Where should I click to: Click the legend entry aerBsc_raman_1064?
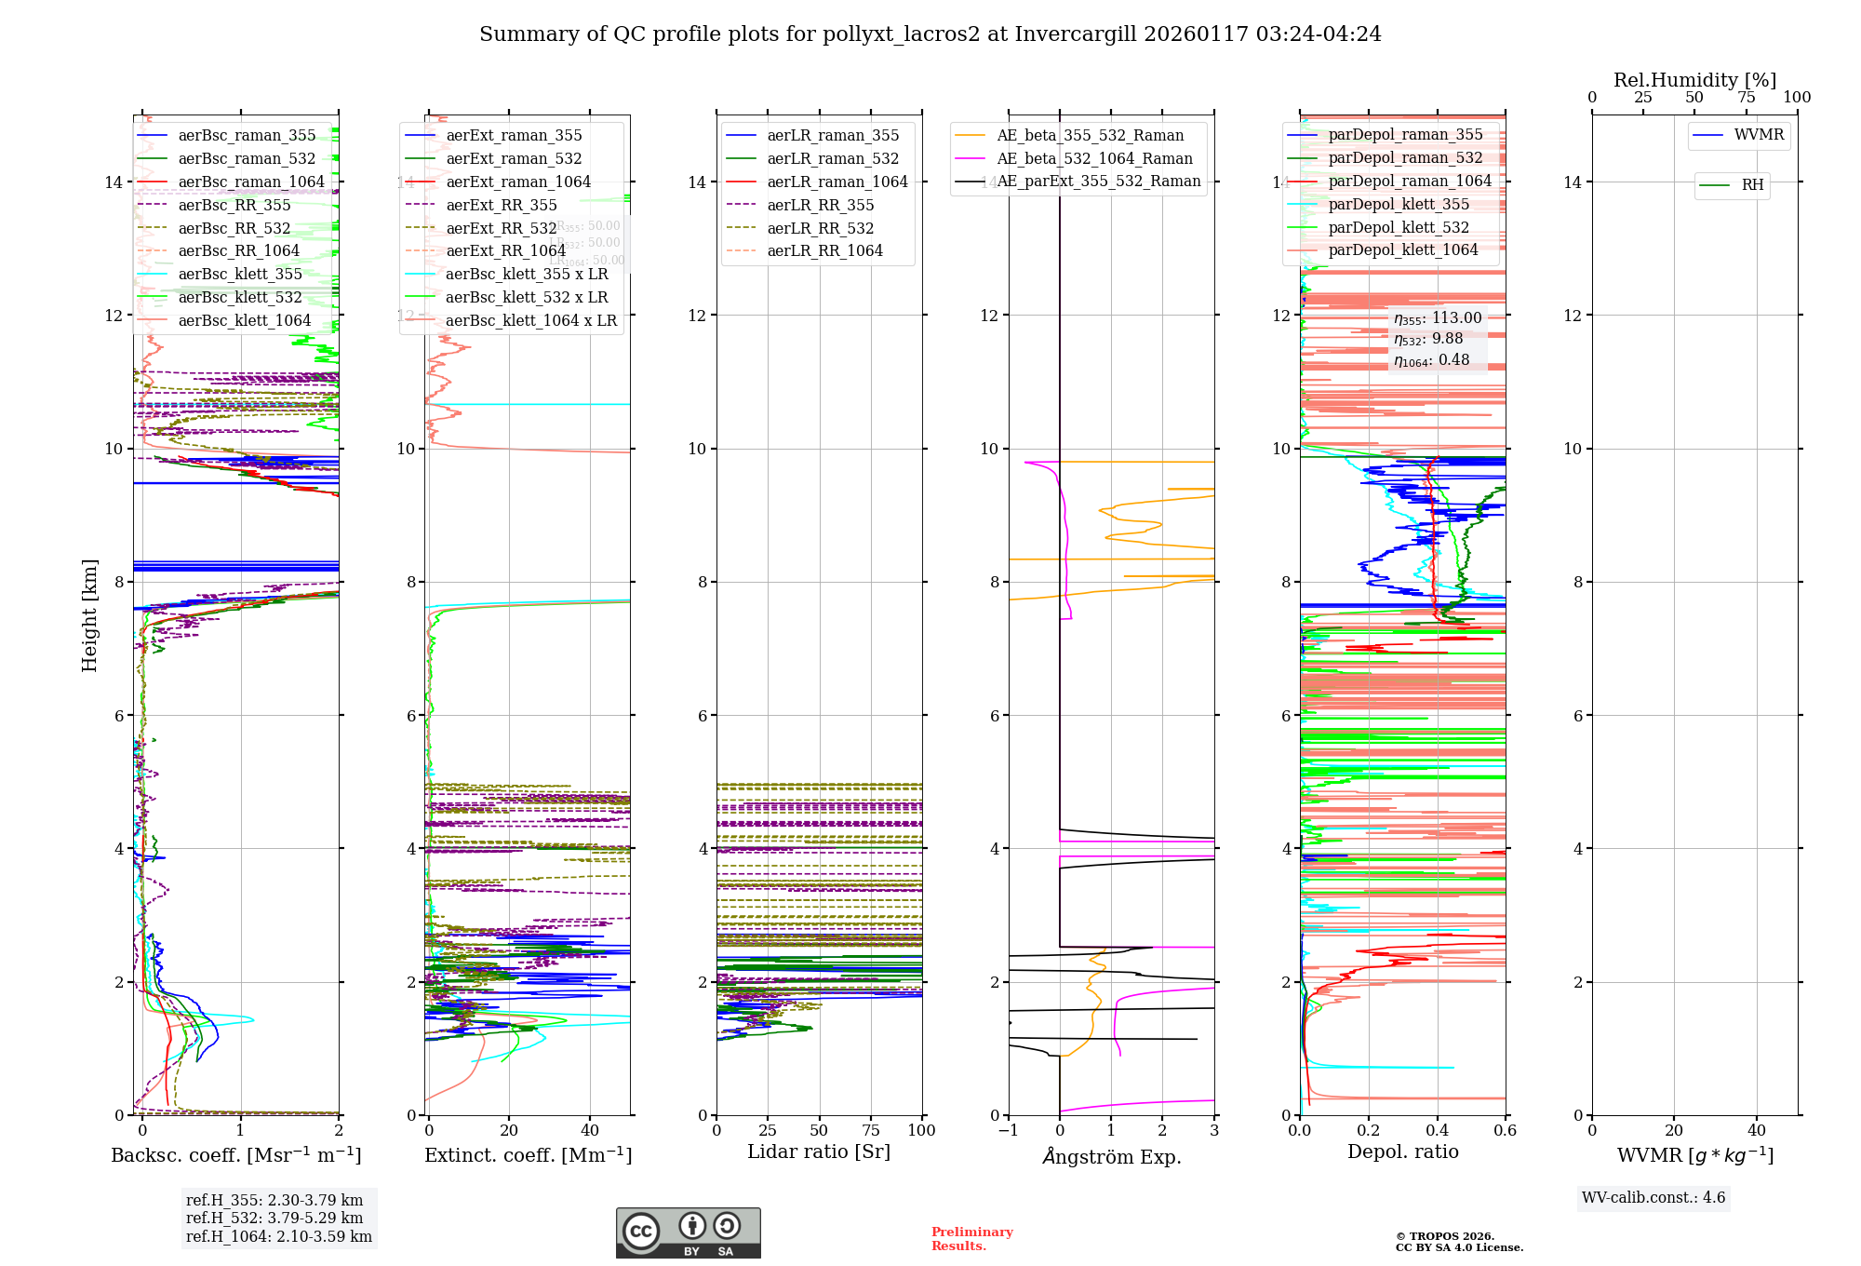point(251,182)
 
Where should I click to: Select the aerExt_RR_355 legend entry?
point(502,205)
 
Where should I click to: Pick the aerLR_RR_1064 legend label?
point(824,250)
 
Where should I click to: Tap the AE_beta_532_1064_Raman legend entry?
point(1094,158)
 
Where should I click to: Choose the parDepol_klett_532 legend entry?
point(1399,227)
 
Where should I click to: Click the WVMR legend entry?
point(1759,135)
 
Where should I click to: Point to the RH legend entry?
point(1752,185)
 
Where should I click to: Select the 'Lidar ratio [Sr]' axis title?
point(819,1152)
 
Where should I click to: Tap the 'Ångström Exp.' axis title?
point(1111,1156)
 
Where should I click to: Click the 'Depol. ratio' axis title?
point(1402,1152)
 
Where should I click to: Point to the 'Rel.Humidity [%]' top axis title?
point(1694,80)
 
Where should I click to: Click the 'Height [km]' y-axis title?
point(89,614)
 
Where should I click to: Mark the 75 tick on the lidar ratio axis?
point(871,1131)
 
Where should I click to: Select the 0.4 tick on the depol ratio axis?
point(1437,1131)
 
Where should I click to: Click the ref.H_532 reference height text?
point(274,1218)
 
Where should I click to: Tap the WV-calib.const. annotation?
point(1653,1198)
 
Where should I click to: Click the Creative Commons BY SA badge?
point(688,1233)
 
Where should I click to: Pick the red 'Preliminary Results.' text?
point(971,1239)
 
